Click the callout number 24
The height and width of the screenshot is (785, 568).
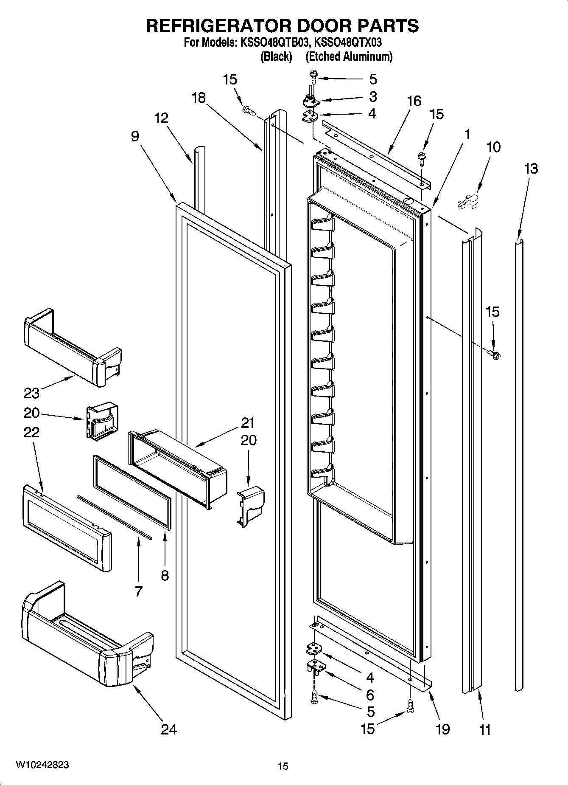click(169, 729)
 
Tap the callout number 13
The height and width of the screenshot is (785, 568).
click(531, 169)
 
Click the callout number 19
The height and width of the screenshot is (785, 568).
click(442, 729)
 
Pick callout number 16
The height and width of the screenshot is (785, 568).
click(414, 101)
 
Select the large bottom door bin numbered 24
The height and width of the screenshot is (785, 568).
click(85, 641)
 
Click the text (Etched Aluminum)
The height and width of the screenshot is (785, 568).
click(349, 56)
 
